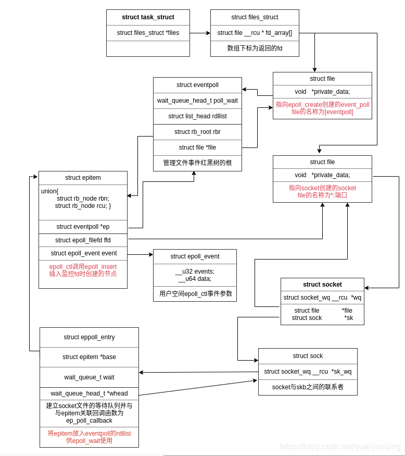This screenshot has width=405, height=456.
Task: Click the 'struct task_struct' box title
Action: coord(148,17)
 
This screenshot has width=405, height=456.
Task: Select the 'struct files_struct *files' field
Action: coord(148,33)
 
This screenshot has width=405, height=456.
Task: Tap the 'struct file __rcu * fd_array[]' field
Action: coord(255,33)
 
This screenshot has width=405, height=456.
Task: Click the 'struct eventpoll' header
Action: coord(197,85)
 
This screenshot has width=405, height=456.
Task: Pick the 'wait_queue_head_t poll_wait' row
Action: coord(197,101)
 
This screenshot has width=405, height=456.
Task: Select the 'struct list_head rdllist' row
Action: coord(197,116)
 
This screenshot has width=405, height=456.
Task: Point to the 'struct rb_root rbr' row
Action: coord(197,132)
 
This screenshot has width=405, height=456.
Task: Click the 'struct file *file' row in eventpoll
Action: coord(197,147)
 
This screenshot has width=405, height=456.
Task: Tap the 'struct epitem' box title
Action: coord(83,178)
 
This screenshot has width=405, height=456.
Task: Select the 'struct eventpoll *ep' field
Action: coord(83,227)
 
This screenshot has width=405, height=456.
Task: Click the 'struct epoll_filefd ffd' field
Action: coord(83,240)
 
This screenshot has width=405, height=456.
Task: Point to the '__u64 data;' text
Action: coord(195,279)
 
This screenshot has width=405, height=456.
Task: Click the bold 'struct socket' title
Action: coord(322,285)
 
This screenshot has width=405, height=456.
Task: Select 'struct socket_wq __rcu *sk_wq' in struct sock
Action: coord(308,372)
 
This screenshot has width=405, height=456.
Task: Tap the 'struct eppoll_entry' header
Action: coord(89,337)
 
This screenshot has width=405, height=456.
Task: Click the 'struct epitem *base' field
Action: coord(89,357)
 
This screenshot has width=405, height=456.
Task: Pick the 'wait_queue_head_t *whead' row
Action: coord(89,393)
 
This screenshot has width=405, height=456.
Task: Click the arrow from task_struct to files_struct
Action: coord(200,33)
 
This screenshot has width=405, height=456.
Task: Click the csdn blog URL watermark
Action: coord(340,447)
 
